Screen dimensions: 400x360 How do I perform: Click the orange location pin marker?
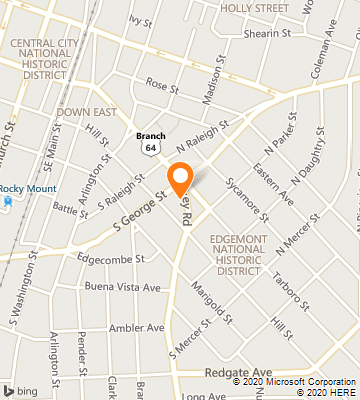click(181, 178)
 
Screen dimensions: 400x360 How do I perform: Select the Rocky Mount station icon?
click(8, 200)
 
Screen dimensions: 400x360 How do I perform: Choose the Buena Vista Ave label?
click(123, 287)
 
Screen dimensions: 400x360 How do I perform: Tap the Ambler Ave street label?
click(135, 327)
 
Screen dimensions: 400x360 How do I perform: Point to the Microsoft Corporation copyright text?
click(290, 381)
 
